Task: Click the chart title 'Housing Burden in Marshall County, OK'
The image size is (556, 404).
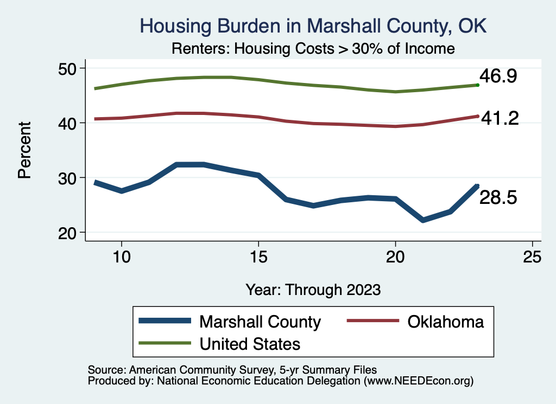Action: [x=314, y=25]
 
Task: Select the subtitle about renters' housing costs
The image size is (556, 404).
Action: [x=313, y=48]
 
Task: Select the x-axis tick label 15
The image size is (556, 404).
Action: [x=258, y=256]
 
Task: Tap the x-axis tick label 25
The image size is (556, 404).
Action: [x=532, y=256]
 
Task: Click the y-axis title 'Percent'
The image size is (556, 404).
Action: [x=24, y=150]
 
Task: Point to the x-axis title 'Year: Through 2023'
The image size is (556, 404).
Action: [x=313, y=289]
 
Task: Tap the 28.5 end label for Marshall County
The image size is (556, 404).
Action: [x=498, y=198]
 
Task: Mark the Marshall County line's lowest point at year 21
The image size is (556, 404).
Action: [x=423, y=220]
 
